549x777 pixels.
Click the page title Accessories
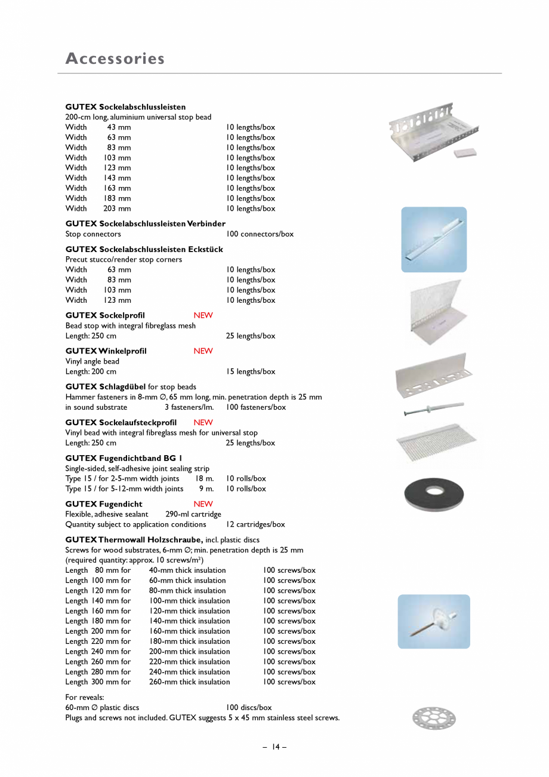115,59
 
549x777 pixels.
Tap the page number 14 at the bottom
274,747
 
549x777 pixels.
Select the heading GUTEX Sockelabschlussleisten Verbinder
145,223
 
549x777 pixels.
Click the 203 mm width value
117,208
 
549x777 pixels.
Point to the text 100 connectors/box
260,234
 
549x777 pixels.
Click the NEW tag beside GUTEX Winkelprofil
203,351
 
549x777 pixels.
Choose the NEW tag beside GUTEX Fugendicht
203,504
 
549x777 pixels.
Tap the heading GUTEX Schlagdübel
106,386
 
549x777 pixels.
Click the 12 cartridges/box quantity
255,524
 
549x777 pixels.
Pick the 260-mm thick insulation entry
189,682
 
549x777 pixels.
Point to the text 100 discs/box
249,708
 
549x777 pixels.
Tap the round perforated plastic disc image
434,718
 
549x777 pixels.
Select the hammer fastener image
433,409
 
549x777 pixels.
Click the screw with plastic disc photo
434,621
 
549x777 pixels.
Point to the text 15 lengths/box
251,371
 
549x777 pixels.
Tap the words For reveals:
84,697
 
